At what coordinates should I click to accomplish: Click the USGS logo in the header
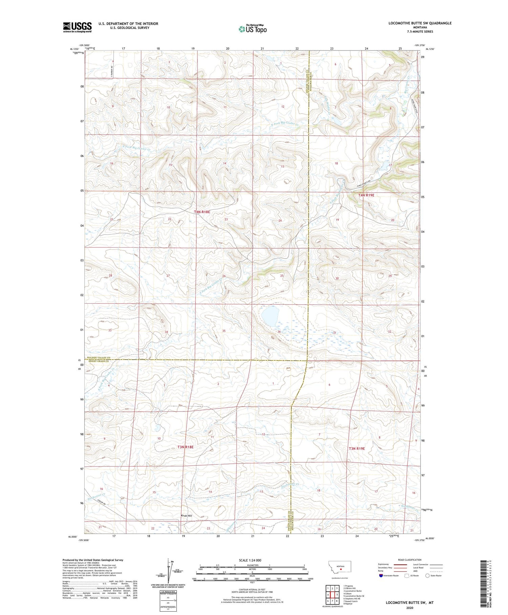point(77,27)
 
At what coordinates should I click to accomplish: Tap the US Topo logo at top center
point(252,29)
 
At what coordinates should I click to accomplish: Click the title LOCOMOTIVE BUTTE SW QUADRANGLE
point(420,23)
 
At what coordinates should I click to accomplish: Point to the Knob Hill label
point(186,516)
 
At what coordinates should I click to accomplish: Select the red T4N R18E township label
point(202,212)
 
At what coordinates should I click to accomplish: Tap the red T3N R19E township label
point(357,448)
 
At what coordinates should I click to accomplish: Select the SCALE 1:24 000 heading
point(252,560)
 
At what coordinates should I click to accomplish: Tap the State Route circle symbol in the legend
point(427,575)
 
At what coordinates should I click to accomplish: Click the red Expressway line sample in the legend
point(400,564)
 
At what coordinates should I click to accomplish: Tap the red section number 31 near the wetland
point(335,333)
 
